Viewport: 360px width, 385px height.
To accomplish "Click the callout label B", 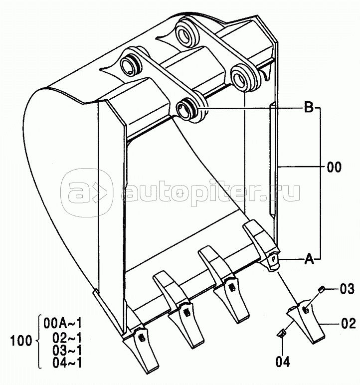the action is pyautogui.click(x=309, y=107).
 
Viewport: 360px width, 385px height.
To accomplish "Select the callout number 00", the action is pyautogui.click(x=334, y=167).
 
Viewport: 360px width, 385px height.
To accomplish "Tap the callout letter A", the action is pyautogui.click(x=309, y=259).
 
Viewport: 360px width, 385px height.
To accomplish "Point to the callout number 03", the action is pyautogui.click(x=347, y=289).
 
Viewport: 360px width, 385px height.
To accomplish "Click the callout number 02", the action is pyautogui.click(x=349, y=323).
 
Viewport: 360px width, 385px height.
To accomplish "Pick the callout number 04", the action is pyautogui.click(x=282, y=362).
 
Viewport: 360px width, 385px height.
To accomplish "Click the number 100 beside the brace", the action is pyautogui.click(x=21, y=341).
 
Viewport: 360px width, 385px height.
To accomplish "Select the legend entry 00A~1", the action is pyautogui.click(x=62, y=324).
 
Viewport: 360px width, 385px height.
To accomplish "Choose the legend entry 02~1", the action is pyautogui.click(x=67, y=338).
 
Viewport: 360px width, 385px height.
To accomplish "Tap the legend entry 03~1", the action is pyautogui.click(x=67, y=351).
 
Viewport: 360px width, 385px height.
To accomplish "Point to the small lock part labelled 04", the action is pyautogui.click(x=281, y=333).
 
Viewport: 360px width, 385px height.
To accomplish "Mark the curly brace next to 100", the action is pyautogui.click(x=39, y=341).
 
